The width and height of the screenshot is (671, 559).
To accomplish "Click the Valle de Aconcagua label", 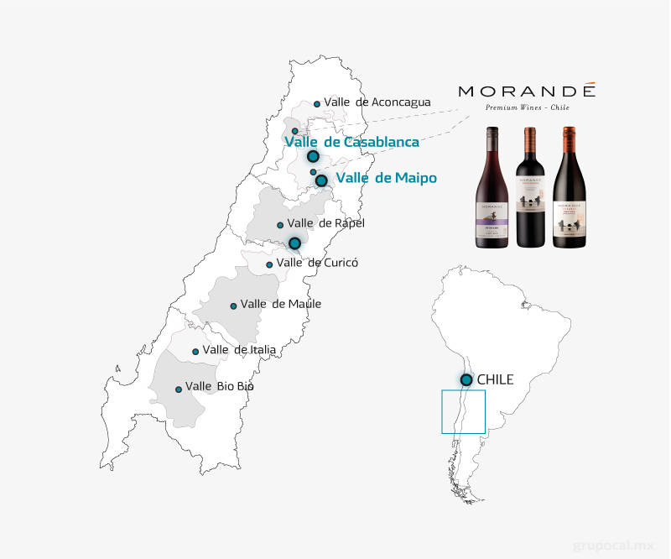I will click(377, 102).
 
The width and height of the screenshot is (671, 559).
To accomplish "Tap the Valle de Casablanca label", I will click(351, 142).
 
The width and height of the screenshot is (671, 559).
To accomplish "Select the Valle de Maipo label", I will click(386, 177).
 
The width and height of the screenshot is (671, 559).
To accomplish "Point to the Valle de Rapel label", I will click(325, 223).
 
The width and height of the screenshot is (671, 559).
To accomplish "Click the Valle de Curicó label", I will click(317, 263).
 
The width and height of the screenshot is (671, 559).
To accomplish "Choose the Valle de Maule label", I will click(280, 304).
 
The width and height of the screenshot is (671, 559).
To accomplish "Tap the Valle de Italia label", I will click(239, 349).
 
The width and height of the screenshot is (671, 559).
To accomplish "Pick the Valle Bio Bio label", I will click(219, 386).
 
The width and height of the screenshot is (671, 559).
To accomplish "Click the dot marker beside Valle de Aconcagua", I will click(317, 104).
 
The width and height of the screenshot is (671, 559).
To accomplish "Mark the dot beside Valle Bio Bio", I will click(179, 389).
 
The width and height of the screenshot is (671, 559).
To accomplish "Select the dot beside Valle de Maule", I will click(233, 306).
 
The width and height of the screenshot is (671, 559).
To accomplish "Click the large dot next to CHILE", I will click(466, 380).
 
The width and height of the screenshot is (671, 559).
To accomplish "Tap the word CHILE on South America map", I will click(495, 380).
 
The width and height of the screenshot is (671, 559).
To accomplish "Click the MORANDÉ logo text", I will click(527, 91).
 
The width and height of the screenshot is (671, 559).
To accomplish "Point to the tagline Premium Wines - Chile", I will click(527, 108).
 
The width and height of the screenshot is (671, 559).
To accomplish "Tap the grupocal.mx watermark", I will click(613, 545).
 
